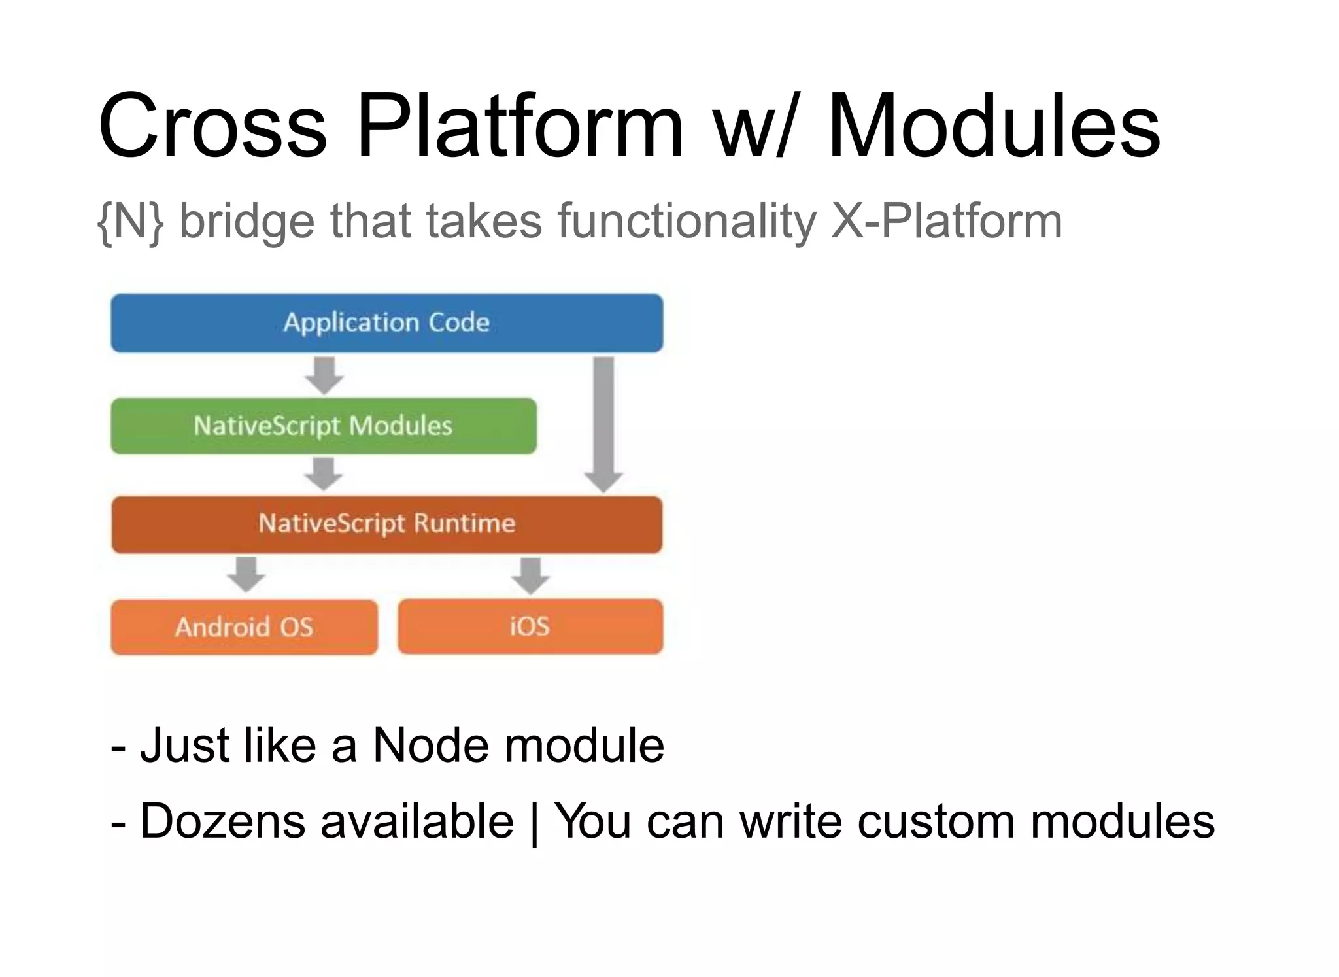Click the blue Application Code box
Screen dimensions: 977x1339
click(386, 323)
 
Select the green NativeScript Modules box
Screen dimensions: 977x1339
click(323, 426)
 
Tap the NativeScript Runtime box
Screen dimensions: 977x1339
click(386, 524)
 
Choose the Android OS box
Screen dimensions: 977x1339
click(244, 626)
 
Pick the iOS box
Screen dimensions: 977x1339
click(530, 626)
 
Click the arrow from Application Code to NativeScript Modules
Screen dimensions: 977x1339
click(324, 375)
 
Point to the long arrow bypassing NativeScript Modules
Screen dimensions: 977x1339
click(603, 424)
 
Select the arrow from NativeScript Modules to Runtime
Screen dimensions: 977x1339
click(324, 473)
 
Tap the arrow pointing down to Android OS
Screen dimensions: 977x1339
click(246, 574)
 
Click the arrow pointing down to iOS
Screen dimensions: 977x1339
click(530, 575)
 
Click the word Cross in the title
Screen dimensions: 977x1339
click(212, 126)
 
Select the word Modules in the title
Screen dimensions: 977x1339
click(994, 126)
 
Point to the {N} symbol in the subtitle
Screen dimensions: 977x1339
click(130, 222)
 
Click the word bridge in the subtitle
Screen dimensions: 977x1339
click(247, 222)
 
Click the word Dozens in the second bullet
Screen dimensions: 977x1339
click(222, 821)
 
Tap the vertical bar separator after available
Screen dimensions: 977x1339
click(534, 823)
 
